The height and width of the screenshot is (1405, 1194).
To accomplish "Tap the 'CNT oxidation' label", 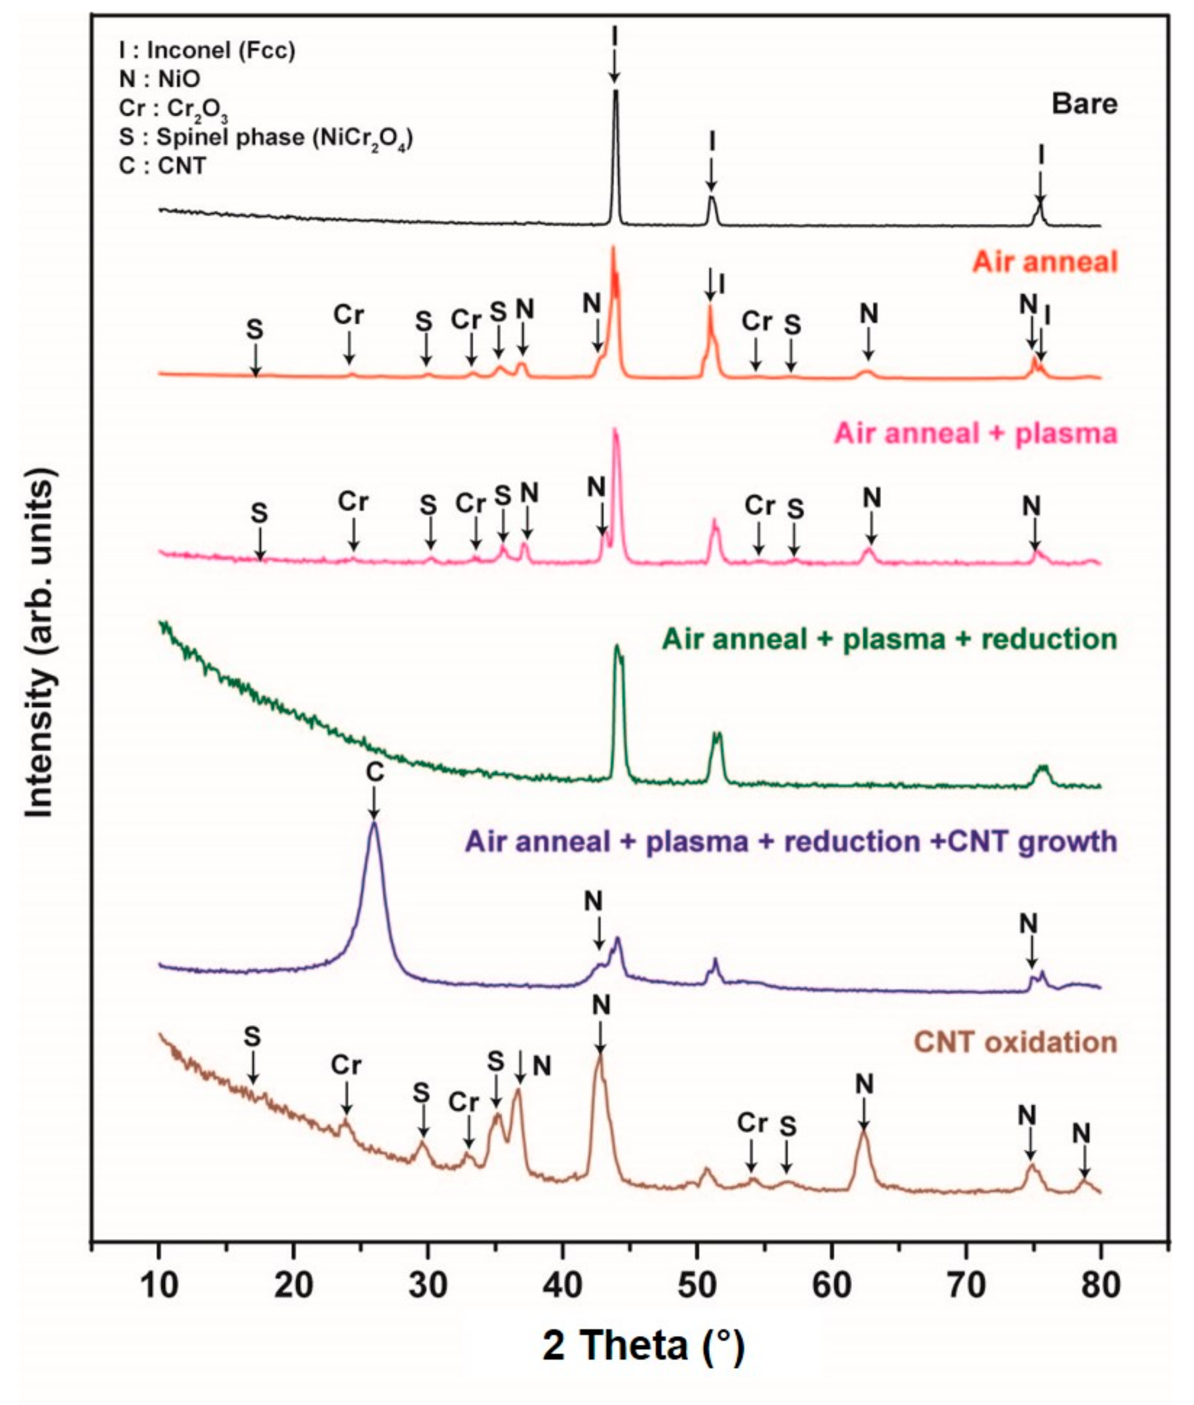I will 1015,1042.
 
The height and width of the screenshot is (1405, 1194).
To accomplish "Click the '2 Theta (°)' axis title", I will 642,1346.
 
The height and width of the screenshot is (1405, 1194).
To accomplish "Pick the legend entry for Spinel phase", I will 265,137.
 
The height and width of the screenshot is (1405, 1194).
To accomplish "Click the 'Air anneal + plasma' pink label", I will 976,433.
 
